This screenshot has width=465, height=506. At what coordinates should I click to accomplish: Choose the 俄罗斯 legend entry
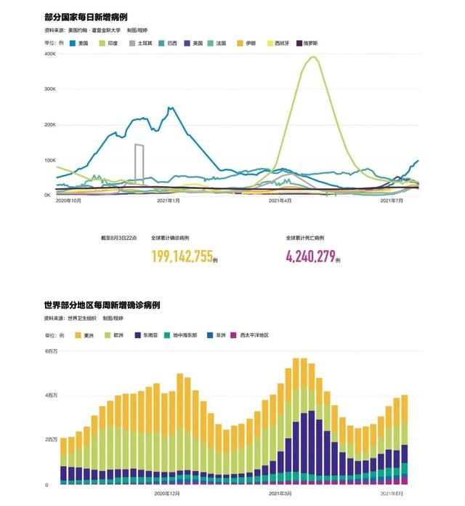click(x=307, y=44)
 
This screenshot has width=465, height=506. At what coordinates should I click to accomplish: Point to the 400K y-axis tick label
click(x=50, y=54)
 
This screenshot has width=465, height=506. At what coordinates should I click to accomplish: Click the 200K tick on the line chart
click(x=50, y=124)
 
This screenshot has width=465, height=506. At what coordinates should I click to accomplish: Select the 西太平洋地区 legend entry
click(x=254, y=335)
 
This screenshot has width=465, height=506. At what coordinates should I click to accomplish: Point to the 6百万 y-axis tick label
click(x=54, y=351)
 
